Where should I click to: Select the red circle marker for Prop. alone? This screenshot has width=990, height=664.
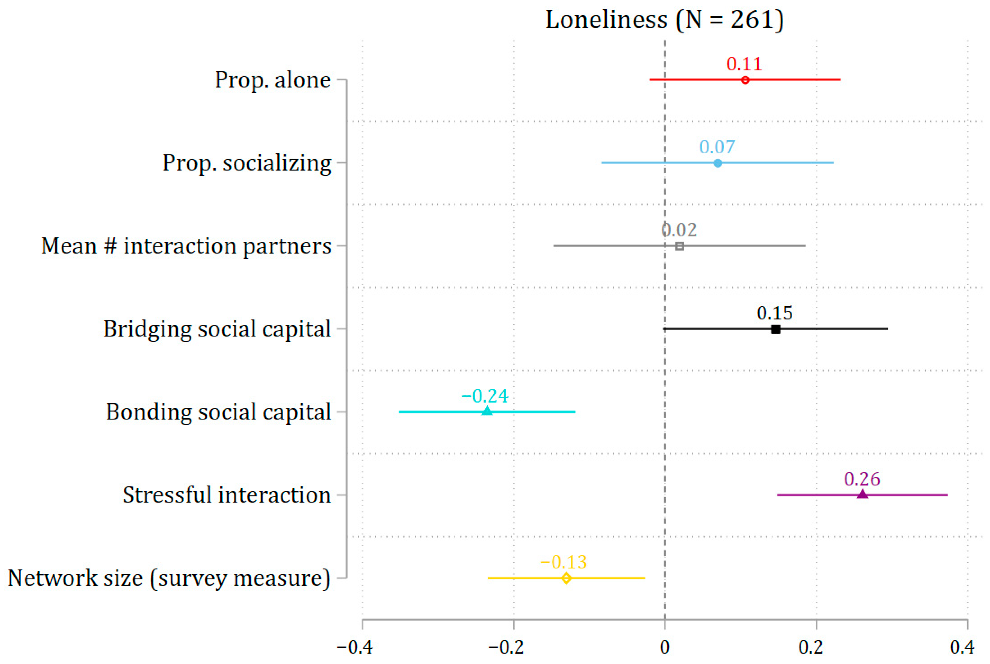coord(745,80)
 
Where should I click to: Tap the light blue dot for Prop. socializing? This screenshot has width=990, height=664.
coord(718,163)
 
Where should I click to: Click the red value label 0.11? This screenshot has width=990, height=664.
coord(744,64)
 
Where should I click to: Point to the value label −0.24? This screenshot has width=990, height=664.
coord(485,396)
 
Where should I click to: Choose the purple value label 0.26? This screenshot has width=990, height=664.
coord(862,479)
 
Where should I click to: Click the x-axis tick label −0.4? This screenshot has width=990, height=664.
coord(354,647)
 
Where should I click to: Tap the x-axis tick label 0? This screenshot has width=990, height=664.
coord(665,647)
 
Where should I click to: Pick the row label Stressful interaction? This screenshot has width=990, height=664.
coord(227,495)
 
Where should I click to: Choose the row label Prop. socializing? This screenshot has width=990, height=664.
coord(247,163)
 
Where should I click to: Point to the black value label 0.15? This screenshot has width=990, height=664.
coord(775,313)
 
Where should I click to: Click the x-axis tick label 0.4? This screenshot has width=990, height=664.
coord(962,647)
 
